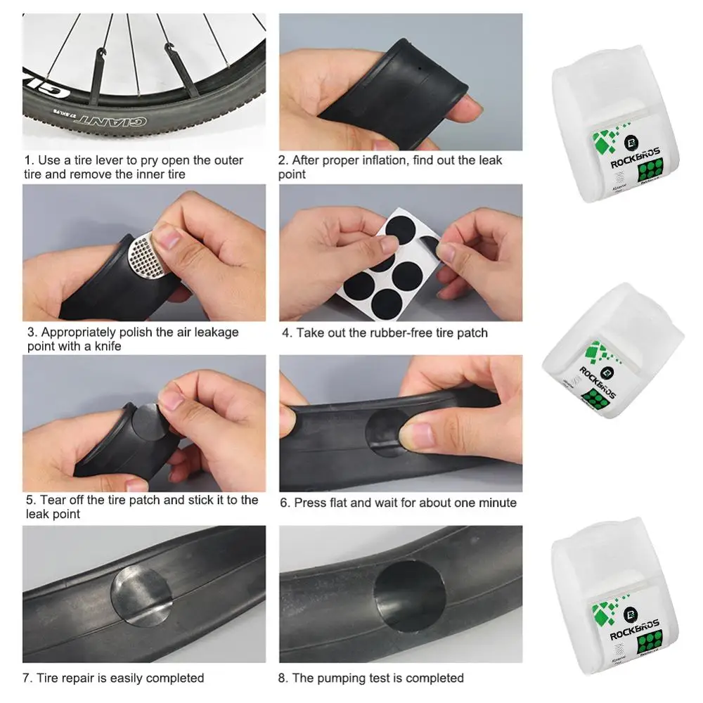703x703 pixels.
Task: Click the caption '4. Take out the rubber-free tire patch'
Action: [x=385, y=333]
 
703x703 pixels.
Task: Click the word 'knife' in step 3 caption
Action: [x=106, y=347]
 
